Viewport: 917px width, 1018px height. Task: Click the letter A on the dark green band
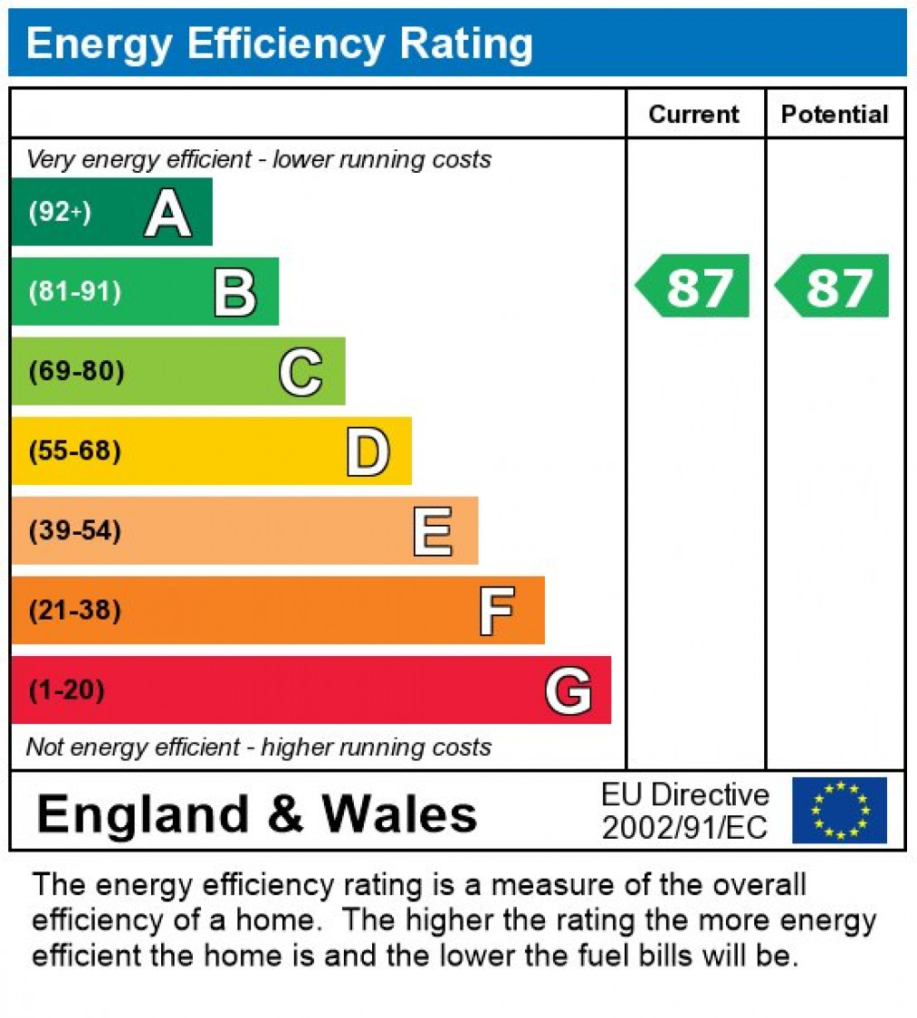point(167,214)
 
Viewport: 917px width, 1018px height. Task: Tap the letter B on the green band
point(234,293)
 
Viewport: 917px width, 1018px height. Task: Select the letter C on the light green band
point(301,372)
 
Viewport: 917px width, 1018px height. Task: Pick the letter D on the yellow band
point(368,452)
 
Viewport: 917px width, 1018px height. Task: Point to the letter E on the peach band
point(433,531)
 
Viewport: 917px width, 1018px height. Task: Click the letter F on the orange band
point(497,611)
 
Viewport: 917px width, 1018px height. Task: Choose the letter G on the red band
point(568,691)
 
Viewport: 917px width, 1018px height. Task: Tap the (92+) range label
point(60,213)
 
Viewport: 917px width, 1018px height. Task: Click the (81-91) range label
point(74,292)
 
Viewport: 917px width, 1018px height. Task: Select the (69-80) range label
point(76,372)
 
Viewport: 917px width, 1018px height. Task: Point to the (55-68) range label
point(74,451)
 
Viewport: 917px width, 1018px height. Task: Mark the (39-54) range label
point(74,530)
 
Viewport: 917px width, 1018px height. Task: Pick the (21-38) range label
point(74,611)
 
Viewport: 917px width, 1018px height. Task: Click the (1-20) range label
point(66,690)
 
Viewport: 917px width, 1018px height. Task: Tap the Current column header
point(694,114)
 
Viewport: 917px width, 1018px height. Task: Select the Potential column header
point(835,114)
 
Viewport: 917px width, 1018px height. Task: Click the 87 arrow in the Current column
point(694,287)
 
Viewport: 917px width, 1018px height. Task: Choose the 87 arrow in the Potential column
point(833,287)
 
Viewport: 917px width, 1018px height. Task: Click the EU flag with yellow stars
point(839,810)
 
